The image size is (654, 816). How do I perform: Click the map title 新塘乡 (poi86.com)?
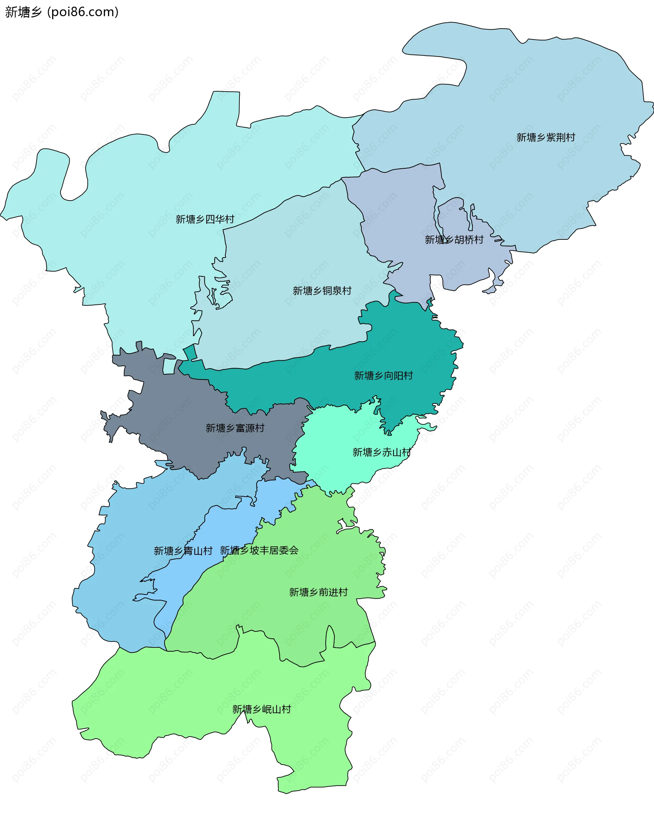(x=62, y=12)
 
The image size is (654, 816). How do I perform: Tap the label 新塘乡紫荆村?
(x=545, y=137)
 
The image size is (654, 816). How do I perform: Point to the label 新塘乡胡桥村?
(x=454, y=239)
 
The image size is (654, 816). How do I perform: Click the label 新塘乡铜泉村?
(x=322, y=291)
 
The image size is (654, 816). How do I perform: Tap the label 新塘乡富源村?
(x=235, y=428)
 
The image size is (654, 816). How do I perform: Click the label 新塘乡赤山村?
(x=381, y=452)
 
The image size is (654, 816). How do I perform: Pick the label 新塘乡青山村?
(x=183, y=551)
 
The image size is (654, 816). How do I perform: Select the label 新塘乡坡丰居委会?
(x=259, y=550)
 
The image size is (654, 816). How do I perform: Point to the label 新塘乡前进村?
(x=318, y=592)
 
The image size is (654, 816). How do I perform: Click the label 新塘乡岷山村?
(x=262, y=709)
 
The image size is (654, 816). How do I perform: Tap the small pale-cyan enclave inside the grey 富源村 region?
(x=169, y=366)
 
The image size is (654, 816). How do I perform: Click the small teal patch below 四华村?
(x=190, y=352)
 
